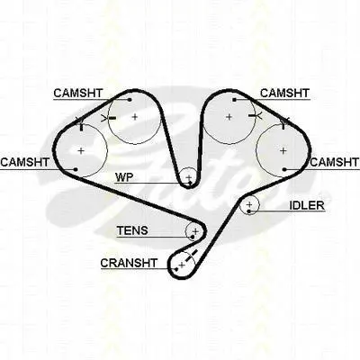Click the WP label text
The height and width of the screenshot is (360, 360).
(124, 177)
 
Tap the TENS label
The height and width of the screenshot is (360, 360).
(132, 230)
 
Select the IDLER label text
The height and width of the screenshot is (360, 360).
(307, 205)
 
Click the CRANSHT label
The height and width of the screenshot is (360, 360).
(129, 263)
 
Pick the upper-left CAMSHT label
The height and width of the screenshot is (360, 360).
(78, 94)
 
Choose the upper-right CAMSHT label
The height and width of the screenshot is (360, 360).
(284, 93)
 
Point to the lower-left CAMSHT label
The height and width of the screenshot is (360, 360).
(24, 162)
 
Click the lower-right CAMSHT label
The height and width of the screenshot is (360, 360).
(335, 162)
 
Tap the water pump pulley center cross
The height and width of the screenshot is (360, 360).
(189, 177)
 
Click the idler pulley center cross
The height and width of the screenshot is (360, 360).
(249, 204)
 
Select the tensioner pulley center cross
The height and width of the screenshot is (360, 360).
(195, 231)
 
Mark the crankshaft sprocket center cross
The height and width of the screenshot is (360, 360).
(182, 265)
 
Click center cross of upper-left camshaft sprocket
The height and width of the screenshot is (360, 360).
(135, 116)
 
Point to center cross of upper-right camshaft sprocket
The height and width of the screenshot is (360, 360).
(229, 117)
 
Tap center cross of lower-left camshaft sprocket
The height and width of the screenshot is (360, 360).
(81, 150)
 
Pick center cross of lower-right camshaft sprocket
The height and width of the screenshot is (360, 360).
(283, 150)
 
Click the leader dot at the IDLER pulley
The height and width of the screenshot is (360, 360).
(249, 211)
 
